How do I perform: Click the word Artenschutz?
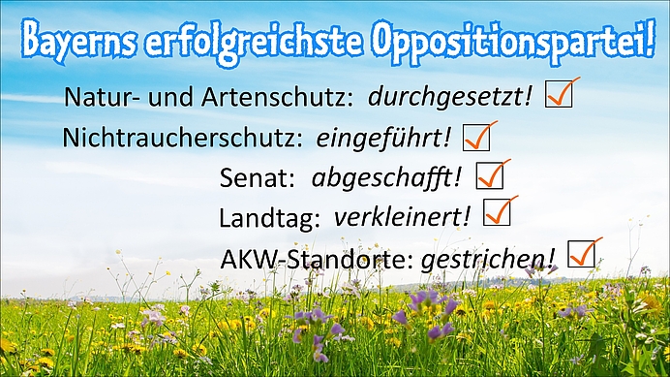coord(277,97)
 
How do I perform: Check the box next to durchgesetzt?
coord(559,93)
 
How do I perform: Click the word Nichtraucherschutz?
coord(182,138)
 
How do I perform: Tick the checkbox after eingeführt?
coord(476,137)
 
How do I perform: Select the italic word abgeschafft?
coord(386,177)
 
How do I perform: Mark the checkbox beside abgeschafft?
coord(490,174)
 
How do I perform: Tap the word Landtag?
coord(269,218)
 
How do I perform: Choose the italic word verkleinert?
coord(402,216)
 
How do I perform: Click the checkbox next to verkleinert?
coord(497,212)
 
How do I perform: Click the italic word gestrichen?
coord(488,260)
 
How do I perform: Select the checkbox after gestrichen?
coord(582,254)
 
